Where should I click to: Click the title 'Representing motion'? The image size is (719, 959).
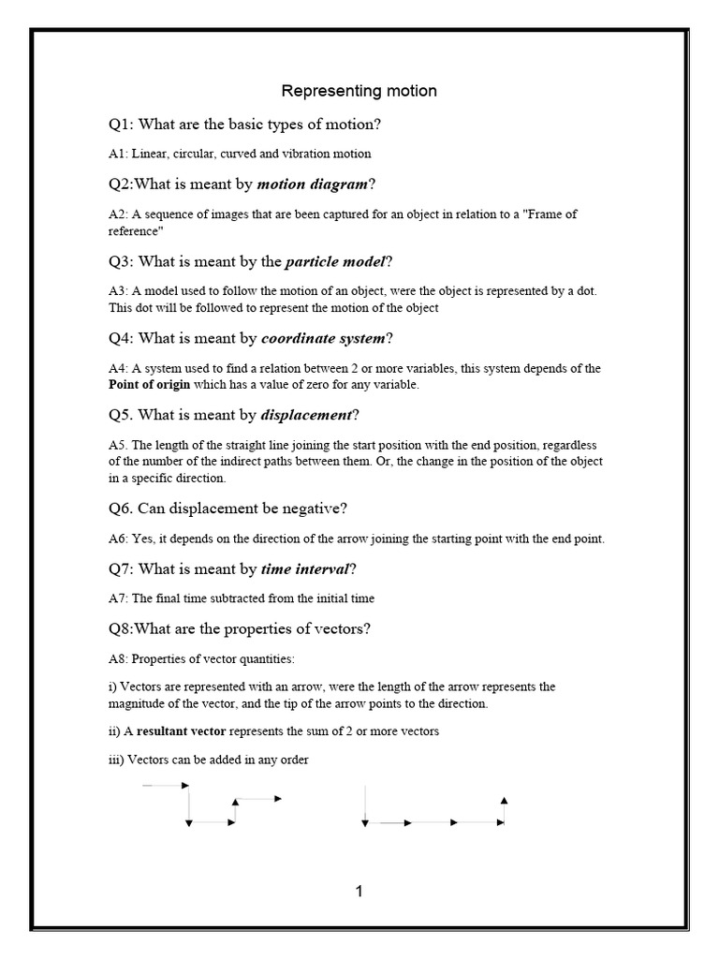359,91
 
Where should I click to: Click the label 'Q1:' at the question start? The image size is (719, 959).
123,125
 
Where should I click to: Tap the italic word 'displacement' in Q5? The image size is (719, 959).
307,415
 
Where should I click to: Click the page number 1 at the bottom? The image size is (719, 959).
359,892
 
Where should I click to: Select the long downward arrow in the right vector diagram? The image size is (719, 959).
365,805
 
